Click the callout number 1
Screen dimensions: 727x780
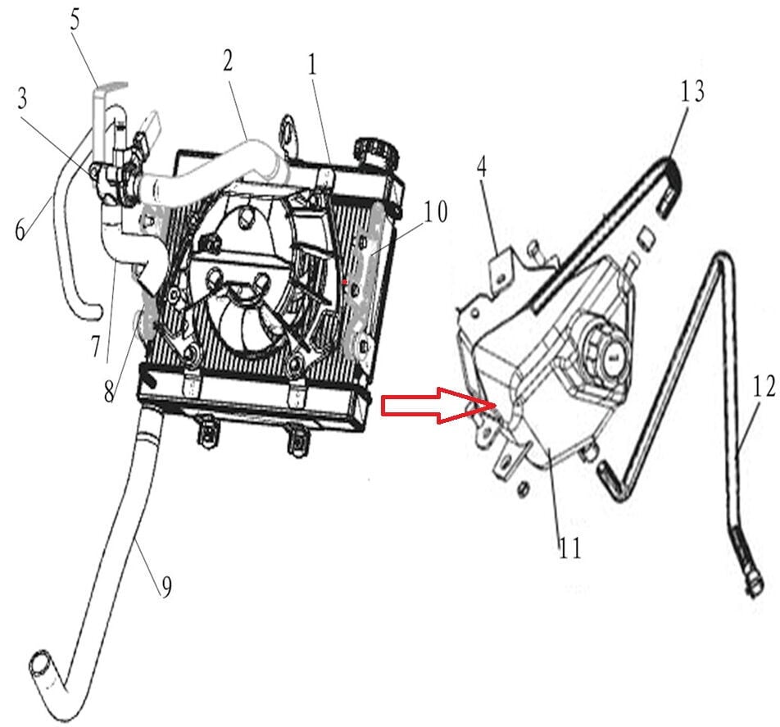(312, 66)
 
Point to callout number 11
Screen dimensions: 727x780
(569, 547)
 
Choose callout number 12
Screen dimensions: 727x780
(763, 388)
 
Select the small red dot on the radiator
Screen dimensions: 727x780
(346, 281)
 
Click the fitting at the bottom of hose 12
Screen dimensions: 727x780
(750, 588)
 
